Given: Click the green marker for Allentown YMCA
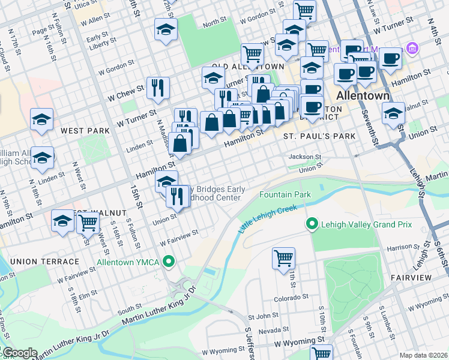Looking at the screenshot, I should point(169,262).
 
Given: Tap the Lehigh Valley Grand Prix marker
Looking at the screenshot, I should point(312,225).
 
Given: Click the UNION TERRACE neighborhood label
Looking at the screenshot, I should point(44,262).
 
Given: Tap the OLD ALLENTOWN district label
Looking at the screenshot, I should point(247,66).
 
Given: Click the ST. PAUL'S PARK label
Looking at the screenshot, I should point(319,136).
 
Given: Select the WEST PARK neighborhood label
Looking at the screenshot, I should point(85,130).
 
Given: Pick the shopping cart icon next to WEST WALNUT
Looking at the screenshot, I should point(88,223).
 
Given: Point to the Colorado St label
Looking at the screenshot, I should point(291,296).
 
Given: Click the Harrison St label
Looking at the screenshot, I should point(400,247).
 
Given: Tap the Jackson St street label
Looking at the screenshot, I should point(305,157).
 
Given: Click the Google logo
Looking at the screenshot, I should point(19,353).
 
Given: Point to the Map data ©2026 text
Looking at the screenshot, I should point(423,355).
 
